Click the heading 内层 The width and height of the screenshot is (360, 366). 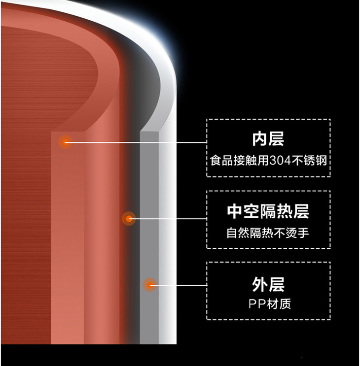click(268, 139)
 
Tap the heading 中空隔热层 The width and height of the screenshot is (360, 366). click(268, 212)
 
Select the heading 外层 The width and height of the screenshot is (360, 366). click(268, 284)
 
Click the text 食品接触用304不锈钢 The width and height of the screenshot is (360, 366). click(268, 161)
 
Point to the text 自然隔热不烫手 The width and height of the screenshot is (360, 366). click(268, 233)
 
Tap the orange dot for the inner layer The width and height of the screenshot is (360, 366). click(65, 142)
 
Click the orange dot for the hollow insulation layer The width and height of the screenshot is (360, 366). click(129, 218)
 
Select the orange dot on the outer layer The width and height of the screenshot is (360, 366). click(149, 284)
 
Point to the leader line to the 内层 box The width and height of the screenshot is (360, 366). click(138, 142)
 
